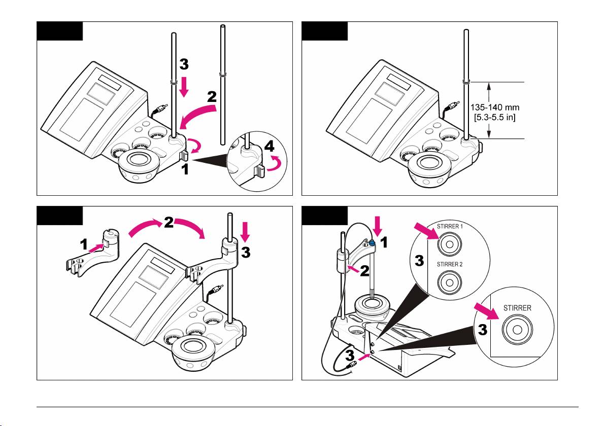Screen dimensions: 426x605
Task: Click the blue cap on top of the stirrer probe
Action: click(373, 243)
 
